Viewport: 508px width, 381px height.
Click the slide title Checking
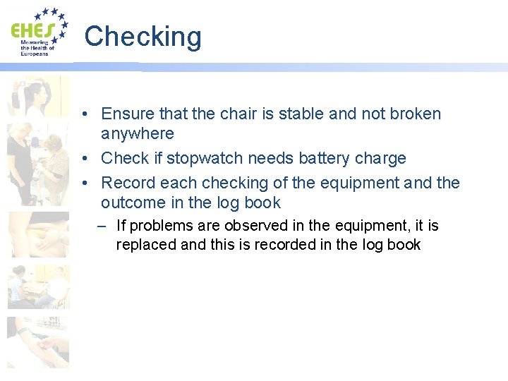click(x=143, y=36)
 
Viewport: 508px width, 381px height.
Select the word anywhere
click(x=137, y=133)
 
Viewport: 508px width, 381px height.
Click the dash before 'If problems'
click(x=102, y=226)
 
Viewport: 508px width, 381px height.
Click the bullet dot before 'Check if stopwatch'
click(x=84, y=158)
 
